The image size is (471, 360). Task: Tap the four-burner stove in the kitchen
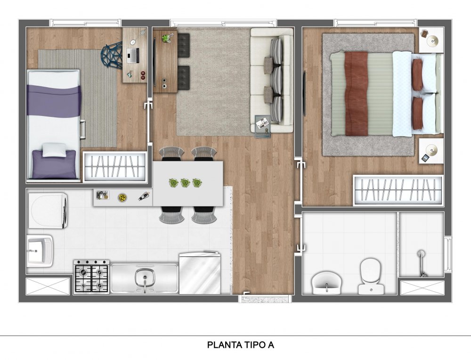click(x=92, y=277)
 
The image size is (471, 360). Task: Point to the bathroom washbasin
click(x=326, y=282)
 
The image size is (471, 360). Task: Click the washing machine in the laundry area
click(x=48, y=211)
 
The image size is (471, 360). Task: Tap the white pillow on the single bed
click(x=54, y=150)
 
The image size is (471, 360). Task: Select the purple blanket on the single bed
click(x=54, y=100)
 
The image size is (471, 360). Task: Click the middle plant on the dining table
click(x=185, y=183)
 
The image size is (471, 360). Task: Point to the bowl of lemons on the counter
click(x=122, y=197)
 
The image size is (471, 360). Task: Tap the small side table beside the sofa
click(x=263, y=126)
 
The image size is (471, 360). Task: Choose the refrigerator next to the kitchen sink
click(x=200, y=273)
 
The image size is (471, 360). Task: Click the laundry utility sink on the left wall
click(x=40, y=251)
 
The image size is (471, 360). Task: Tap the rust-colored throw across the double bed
click(x=357, y=93)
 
